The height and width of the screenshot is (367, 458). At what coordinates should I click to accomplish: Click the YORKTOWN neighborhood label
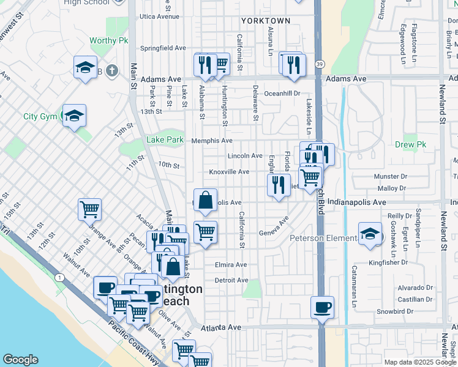pos(265,20)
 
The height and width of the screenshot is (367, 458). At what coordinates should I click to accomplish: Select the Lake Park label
pos(165,140)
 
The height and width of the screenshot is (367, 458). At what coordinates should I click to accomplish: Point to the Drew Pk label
pos(410,144)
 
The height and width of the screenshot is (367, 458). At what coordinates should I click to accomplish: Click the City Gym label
pos(40,116)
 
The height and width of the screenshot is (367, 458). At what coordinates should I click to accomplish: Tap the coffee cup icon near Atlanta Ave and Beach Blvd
pos(322,307)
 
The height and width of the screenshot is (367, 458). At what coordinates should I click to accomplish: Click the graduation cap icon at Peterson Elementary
pos(370,234)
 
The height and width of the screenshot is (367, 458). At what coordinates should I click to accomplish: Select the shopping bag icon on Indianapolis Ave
pos(206,200)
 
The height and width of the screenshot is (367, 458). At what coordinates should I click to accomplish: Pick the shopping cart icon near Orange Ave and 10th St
pos(90,209)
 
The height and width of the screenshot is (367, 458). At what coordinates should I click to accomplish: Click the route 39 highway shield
pos(320,64)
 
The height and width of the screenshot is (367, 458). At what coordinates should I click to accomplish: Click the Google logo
pos(20,360)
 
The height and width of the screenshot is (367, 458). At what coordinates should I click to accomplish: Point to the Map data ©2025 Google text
pos(420,361)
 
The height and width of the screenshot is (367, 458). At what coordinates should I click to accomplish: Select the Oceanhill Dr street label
pos(282,94)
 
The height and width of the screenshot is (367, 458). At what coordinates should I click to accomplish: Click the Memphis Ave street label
pos(211,140)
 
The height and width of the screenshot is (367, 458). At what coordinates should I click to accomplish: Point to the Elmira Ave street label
pos(231,265)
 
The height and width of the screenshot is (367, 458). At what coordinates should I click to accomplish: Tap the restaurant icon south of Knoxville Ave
pos(279,184)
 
